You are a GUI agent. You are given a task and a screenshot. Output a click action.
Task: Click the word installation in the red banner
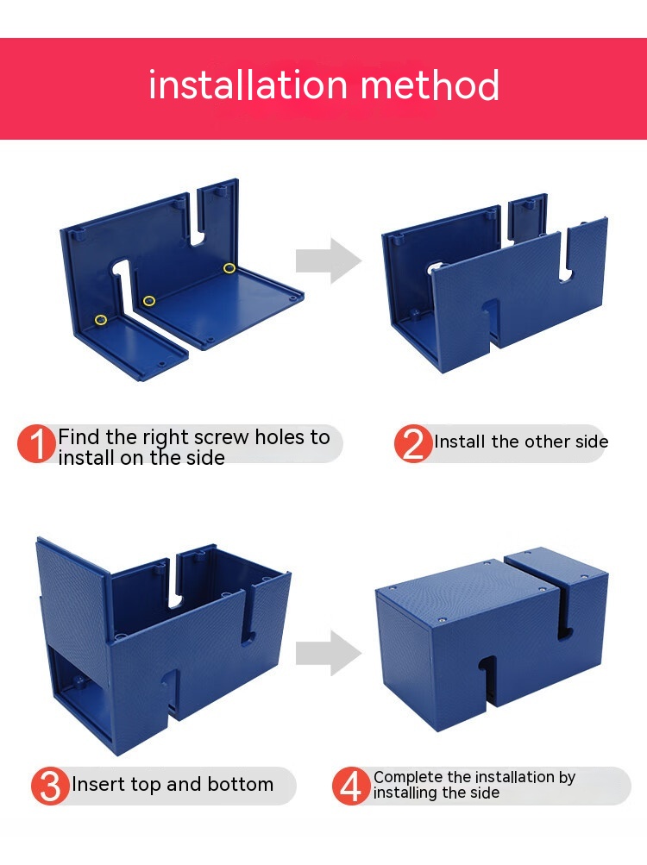point(248,85)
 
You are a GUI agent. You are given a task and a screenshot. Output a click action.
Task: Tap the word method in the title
point(430,85)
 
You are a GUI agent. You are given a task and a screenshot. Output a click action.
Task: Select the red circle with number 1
point(36,443)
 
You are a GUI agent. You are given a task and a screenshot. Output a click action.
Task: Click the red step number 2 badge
point(413,443)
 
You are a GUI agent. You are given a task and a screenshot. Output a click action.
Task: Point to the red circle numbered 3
point(50,786)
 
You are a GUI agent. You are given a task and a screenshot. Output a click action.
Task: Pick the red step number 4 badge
point(351,786)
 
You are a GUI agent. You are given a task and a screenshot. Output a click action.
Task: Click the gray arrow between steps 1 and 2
point(329,260)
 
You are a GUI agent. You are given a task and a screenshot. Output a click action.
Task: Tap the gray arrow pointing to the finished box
point(329,653)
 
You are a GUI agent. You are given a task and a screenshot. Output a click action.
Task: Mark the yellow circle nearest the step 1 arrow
point(229,268)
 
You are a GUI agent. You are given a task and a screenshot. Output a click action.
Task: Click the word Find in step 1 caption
point(79,437)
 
